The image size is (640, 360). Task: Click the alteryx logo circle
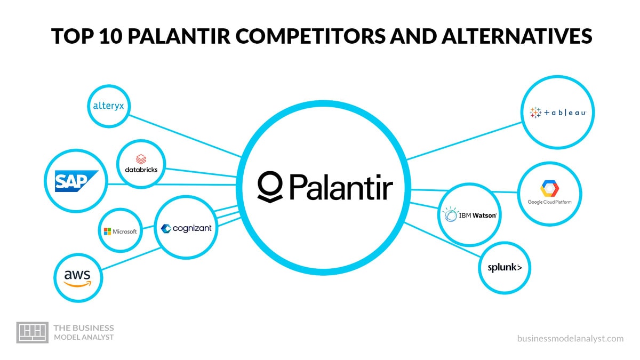click(108, 106)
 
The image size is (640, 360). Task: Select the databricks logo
click(141, 164)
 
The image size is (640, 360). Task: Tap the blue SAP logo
click(76, 181)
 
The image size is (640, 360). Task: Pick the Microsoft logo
click(121, 231)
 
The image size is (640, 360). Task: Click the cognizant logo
click(186, 228)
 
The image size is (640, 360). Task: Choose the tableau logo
click(558, 113)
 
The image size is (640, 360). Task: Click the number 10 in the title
click(109, 36)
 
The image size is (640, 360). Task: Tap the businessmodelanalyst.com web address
click(570, 338)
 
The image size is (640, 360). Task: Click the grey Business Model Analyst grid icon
click(33, 332)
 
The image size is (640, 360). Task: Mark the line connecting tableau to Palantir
click(464, 140)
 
